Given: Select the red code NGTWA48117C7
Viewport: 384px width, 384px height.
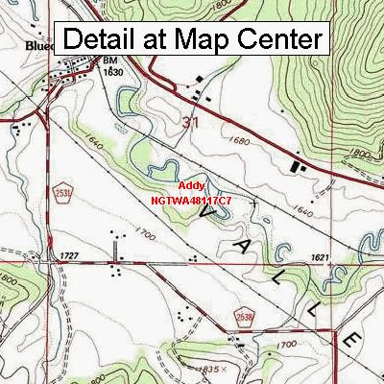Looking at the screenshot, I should (x=191, y=201).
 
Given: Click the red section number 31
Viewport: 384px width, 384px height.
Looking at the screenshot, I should (x=191, y=122).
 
